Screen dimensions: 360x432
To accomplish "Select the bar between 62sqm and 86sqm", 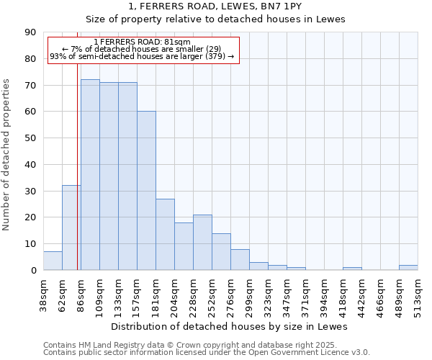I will click(x=71, y=228).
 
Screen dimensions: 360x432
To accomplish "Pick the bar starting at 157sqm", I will click(x=146, y=191).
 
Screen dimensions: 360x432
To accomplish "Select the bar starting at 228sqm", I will click(x=202, y=243).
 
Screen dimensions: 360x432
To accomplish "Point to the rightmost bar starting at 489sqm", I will click(x=408, y=267).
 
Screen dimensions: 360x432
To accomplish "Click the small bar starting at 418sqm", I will click(x=352, y=269).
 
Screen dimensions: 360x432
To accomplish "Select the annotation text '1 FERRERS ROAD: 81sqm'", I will click(x=142, y=42).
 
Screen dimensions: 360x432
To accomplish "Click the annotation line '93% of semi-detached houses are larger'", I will click(x=142, y=56).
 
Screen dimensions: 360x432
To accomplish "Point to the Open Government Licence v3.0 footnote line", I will click(x=207, y=352).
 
